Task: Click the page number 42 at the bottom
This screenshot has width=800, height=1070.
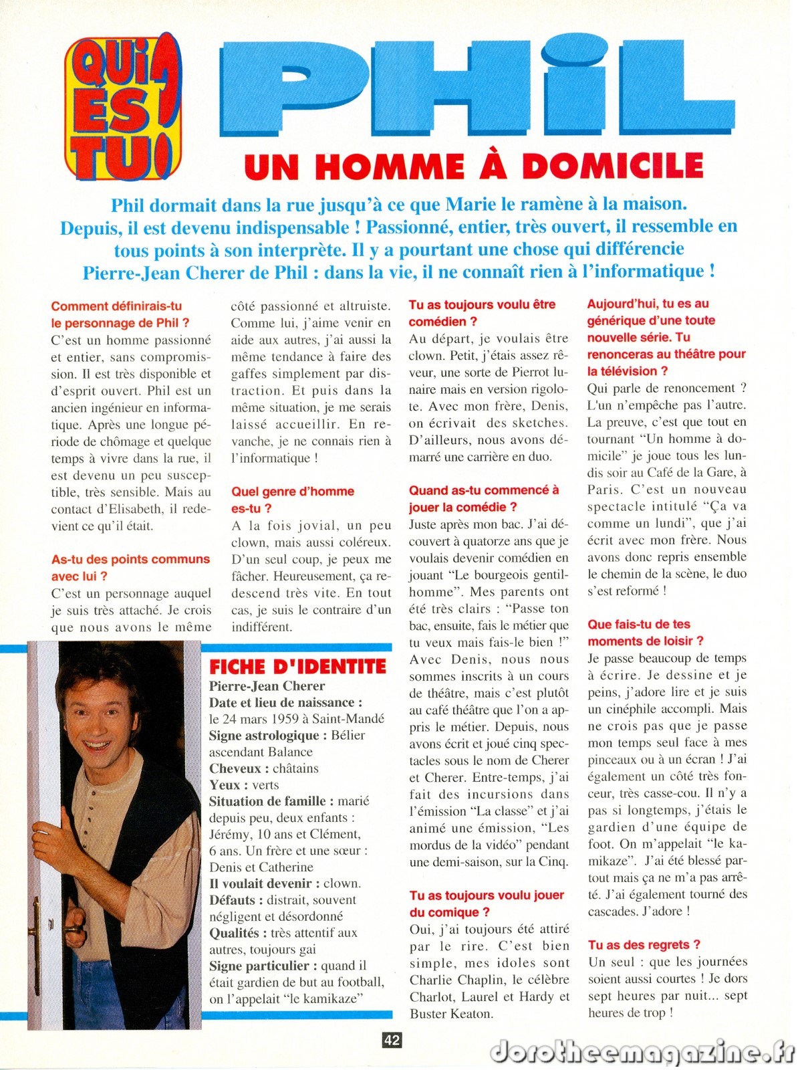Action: coord(392,1040)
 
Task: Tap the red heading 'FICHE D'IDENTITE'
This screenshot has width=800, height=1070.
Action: coord(297,666)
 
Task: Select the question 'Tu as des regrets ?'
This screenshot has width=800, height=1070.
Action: coord(644,945)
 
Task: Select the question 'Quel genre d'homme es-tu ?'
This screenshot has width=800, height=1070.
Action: coord(292,500)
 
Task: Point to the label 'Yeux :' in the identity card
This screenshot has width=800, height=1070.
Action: coord(225,785)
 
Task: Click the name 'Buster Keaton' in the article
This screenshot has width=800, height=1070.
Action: coord(451,1014)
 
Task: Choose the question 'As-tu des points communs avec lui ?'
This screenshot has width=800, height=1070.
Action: coord(130,567)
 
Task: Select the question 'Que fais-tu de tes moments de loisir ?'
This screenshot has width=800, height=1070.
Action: coord(645,633)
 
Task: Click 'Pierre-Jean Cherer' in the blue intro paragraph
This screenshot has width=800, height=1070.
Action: coord(175,272)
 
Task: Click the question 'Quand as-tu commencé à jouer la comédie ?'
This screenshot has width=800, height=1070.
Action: coord(483,498)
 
